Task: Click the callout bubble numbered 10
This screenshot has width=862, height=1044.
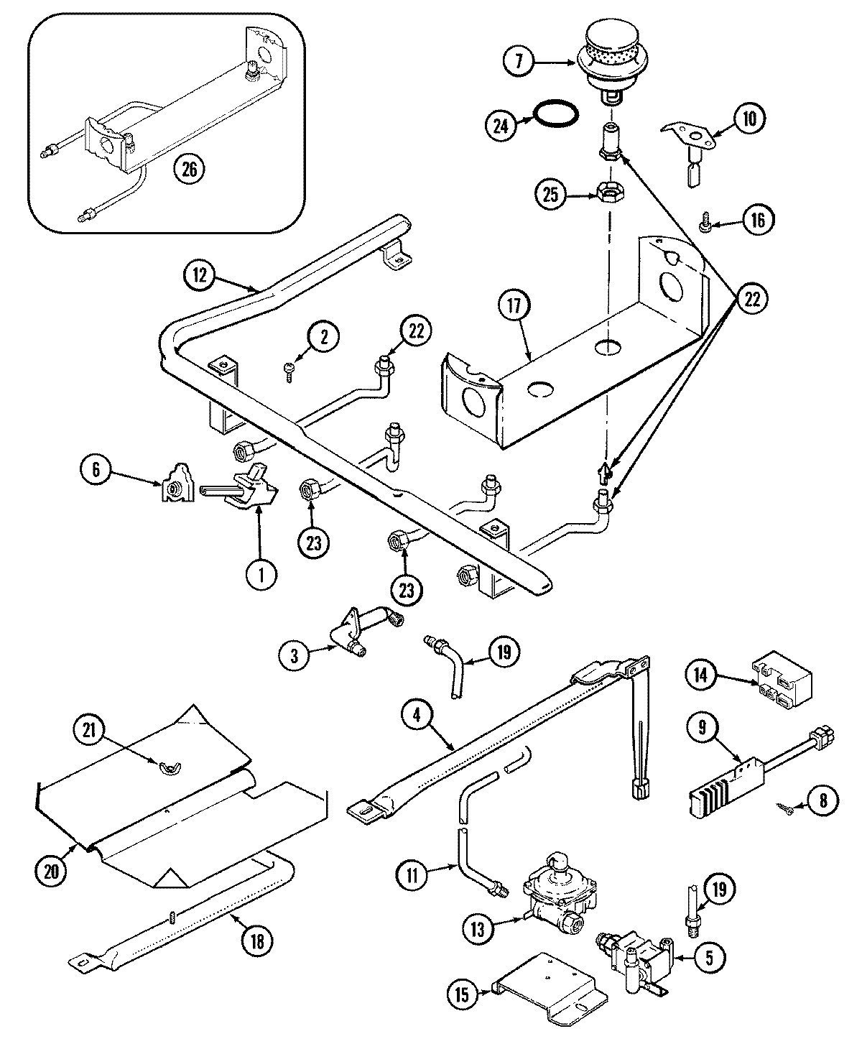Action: coord(749,119)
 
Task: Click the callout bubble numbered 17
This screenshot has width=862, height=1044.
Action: coord(516,306)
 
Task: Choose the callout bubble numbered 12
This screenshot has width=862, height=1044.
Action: coord(200,274)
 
